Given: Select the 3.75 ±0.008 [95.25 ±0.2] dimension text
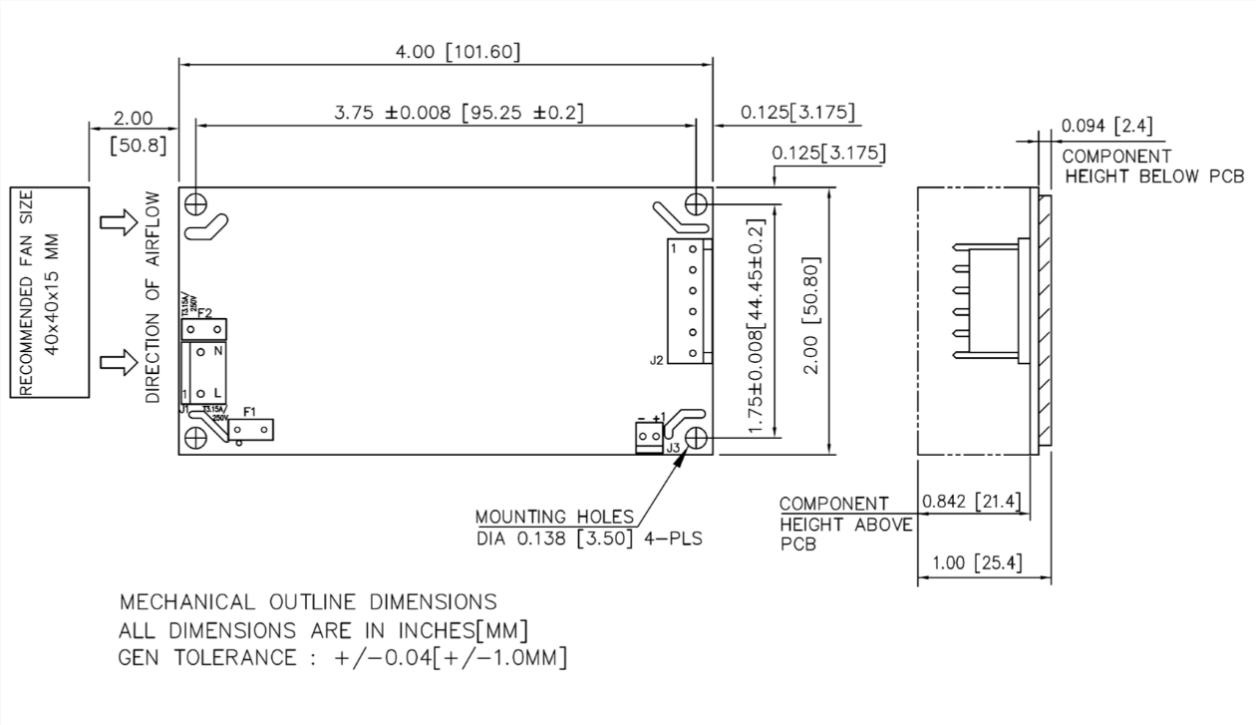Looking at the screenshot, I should click(459, 113).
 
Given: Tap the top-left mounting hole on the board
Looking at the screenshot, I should click(196, 202).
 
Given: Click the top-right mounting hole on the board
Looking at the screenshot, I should click(696, 204).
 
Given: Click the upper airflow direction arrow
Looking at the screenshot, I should click(118, 225).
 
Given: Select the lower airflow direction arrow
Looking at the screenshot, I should click(118, 363).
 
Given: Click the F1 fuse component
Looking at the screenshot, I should click(251, 430).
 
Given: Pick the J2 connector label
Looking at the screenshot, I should click(656, 360).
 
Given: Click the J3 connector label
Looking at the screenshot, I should click(674, 449).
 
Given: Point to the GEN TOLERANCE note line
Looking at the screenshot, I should click(343, 658).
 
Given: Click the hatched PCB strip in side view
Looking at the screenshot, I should click(1044, 319).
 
